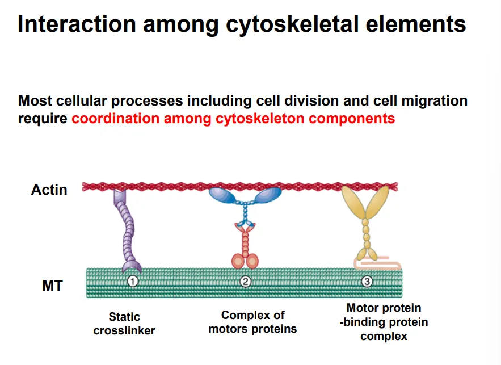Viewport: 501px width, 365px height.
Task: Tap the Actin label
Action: point(49,190)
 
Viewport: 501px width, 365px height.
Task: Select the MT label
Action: point(52,286)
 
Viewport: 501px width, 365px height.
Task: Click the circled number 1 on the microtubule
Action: point(133,281)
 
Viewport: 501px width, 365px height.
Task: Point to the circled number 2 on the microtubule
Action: point(246,281)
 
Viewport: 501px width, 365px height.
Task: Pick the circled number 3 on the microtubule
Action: point(367,281)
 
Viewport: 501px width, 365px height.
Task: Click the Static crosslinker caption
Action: point(124,324)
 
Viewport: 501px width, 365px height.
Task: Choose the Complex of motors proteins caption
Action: point(253,322)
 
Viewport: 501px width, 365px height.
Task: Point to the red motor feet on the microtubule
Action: point(245,261)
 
